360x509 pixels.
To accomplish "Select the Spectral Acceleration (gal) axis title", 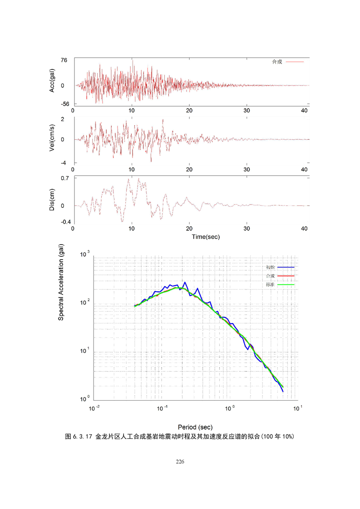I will [61, 282].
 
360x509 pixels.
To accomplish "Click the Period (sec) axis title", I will [195, 427].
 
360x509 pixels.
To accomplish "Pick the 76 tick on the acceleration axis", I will [64, 60].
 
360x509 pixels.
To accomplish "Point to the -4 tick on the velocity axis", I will [64, 163].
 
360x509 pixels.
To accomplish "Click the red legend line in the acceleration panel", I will [295, 62].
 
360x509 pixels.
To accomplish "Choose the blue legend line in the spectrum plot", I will [286, 267].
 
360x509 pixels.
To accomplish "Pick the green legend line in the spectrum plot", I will [286, 284].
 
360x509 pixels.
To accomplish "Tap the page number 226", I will [180, 461].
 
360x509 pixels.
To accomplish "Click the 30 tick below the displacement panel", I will [247, 229].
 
